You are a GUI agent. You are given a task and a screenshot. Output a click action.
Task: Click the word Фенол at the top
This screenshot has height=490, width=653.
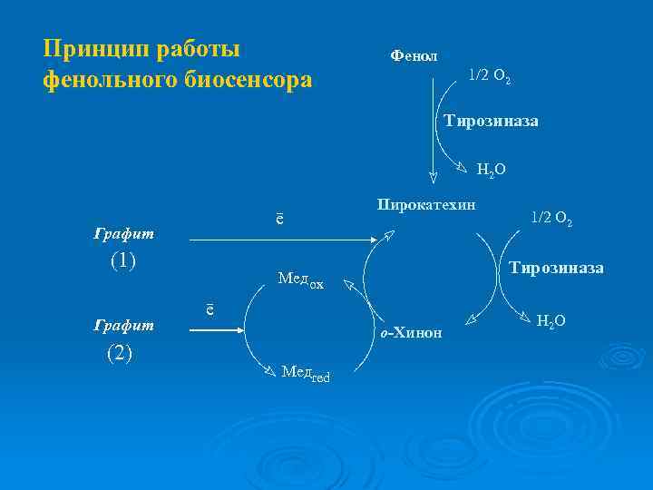(x=414, y=56)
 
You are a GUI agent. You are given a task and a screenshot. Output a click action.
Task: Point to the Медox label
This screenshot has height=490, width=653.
(x=300, y=280)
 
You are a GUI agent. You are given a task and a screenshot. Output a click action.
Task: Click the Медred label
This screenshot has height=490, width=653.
(x=306, y=372)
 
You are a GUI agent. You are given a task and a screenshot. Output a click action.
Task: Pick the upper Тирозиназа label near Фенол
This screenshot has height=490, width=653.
(x=491, y=121)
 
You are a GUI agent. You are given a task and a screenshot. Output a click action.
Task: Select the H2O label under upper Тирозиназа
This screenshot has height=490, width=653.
(x=491, y=169)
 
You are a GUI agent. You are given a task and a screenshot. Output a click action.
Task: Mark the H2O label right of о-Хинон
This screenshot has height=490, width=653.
(x=551, y=321)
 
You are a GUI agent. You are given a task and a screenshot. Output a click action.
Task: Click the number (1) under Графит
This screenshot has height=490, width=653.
(x=123, y=260)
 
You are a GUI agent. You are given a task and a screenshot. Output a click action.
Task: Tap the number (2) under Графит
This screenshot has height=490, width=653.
(x=121, y=353)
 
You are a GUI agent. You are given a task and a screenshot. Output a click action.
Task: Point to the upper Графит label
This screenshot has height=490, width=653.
(x=124, y=234)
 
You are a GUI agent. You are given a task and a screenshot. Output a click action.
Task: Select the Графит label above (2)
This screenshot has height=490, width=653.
(x=124, y=324)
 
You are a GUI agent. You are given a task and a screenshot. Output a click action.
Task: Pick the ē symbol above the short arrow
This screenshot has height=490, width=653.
(x=210, y=309)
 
